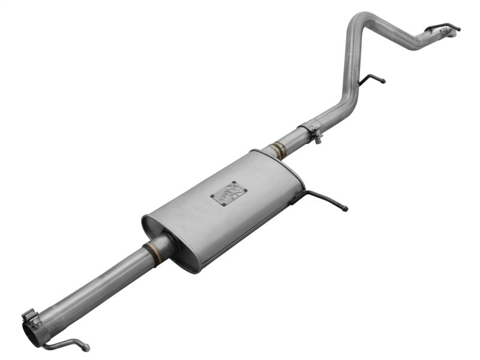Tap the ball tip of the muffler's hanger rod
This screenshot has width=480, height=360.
(345, 209)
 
